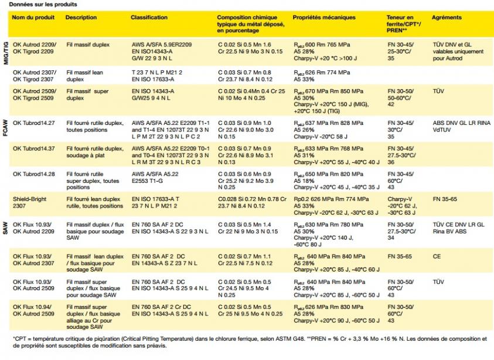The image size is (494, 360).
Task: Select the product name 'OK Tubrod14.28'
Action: click(x=33, y=175)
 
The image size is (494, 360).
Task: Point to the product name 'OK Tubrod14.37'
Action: click(x=33, y=149)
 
